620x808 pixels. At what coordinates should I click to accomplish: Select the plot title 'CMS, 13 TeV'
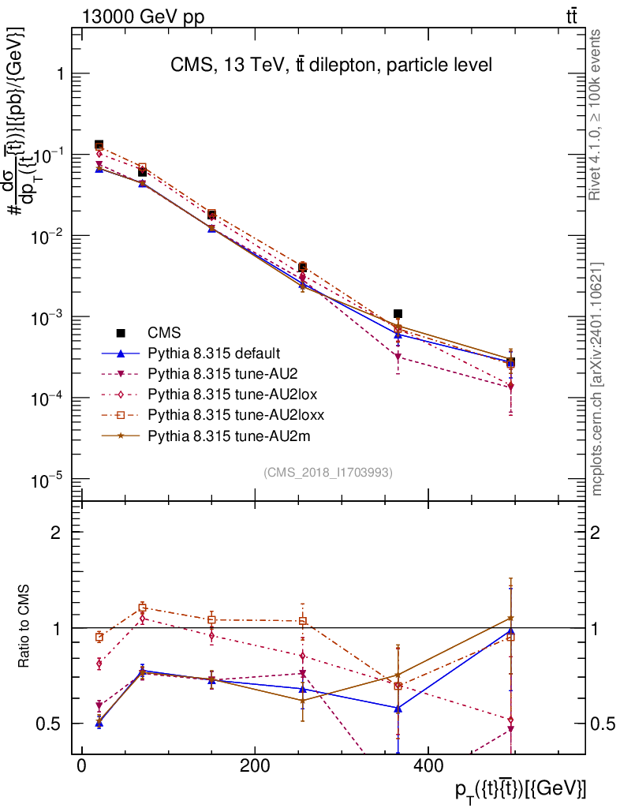(x=331, y=65)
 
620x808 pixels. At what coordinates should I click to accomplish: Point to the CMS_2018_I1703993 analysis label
(x=328, y=472)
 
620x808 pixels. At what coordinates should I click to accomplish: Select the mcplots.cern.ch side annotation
(x=597, y=379)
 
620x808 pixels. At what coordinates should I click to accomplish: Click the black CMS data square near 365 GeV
(x=398, y=314)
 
